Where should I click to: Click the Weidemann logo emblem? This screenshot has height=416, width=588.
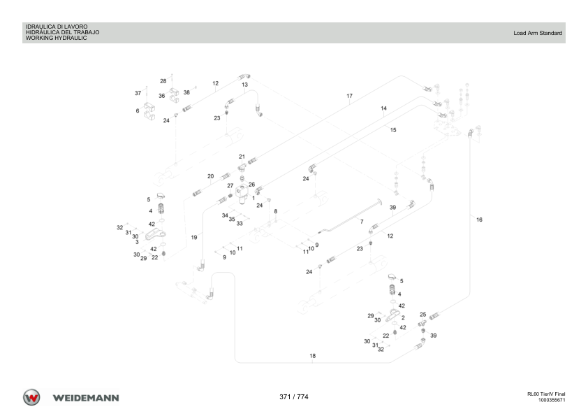pos(31,397)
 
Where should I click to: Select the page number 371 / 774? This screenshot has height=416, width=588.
pos(293,397)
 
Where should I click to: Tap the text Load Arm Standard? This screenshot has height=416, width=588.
pos(538,33)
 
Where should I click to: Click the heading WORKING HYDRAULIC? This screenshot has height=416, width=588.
pos(57,38)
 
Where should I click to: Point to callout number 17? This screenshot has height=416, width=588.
pos(349,96)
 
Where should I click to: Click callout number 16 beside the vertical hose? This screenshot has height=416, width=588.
pos(479,220)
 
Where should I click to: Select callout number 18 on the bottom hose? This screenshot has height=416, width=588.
pos(313,356)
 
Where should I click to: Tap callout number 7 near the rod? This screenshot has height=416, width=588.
pos(362,222)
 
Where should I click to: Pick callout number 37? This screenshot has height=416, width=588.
pos(138,93)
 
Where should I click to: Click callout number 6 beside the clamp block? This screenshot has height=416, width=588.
pos(138,110)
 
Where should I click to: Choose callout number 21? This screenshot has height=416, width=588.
pos(242,157)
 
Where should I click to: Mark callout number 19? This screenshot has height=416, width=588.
pos(194,237)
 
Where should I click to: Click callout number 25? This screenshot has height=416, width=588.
pos(423,315)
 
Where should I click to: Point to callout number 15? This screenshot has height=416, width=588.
pos(393,130)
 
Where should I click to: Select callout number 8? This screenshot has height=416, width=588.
pos(276,211)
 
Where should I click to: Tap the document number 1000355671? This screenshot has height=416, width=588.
pos(552,400)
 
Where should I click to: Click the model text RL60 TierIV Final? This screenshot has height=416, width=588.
pos(546,394)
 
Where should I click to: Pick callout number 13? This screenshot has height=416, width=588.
pos(245,85)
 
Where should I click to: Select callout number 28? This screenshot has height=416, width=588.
pos(163,81)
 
